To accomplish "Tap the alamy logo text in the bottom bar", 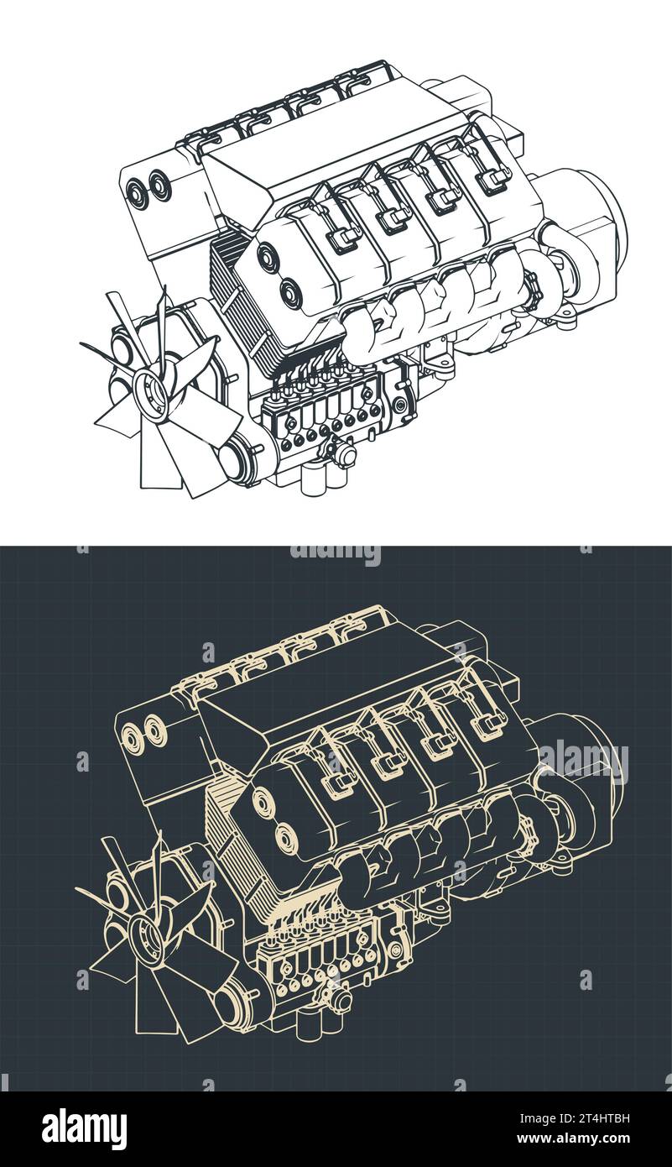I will point(84,1129).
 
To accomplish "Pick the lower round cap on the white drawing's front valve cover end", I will point(290,294).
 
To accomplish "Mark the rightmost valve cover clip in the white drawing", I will point(493,177).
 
